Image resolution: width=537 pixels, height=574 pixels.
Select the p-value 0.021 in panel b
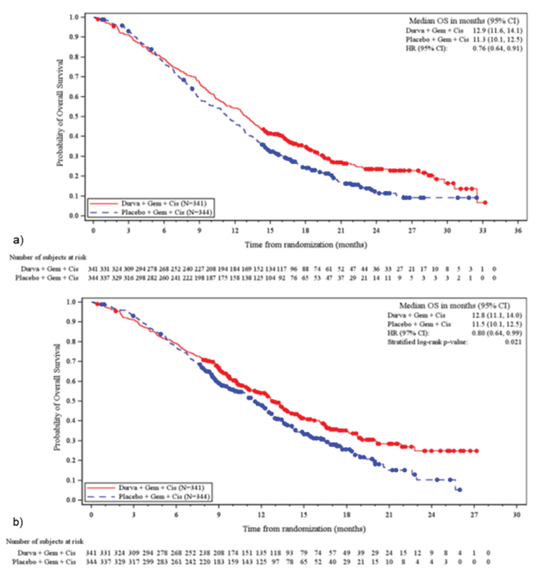[513, 342]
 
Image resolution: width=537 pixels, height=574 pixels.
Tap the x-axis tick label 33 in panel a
[483, 231]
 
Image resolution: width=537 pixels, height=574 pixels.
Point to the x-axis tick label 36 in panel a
[518, 231]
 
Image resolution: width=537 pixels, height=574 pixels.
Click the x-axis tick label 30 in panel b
[516, 515]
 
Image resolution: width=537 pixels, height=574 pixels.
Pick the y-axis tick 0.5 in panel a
[74, 117]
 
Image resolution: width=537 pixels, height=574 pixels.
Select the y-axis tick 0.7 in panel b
[72, 361]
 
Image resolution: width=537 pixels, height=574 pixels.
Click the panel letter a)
[18, 240]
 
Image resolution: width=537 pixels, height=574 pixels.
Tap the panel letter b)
[18, 522]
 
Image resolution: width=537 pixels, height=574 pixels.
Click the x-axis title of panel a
[306, 245]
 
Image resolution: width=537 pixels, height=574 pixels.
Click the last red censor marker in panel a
[485, 203]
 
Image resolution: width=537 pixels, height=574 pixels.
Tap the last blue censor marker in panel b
[459, 490]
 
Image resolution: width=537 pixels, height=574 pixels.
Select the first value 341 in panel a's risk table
[93, 269]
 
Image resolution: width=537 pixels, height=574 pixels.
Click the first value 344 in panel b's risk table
[91, 562]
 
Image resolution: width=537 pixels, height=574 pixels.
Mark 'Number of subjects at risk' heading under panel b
[45, 541]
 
